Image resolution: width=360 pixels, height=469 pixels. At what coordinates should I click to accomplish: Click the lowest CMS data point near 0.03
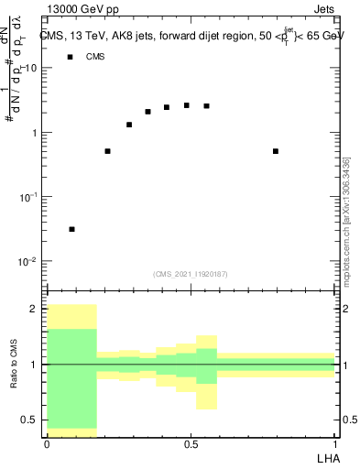click(71, 229)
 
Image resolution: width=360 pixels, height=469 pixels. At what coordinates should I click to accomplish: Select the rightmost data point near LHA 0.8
click(276, 151)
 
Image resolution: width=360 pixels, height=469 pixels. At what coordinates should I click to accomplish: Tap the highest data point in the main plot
click(187, 105)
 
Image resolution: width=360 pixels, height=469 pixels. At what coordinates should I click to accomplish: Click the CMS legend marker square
click(69, 57)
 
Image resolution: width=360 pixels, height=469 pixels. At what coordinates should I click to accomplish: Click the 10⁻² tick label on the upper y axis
click(29, 262)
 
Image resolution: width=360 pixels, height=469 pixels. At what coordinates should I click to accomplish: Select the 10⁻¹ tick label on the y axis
click(29, 198)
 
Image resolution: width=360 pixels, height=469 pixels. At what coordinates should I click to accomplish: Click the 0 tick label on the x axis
click(46, 444)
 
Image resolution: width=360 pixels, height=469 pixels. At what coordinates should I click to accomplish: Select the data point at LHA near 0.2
click(108, 151)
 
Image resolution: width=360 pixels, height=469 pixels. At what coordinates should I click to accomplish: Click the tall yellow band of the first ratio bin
click(71, 316)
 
